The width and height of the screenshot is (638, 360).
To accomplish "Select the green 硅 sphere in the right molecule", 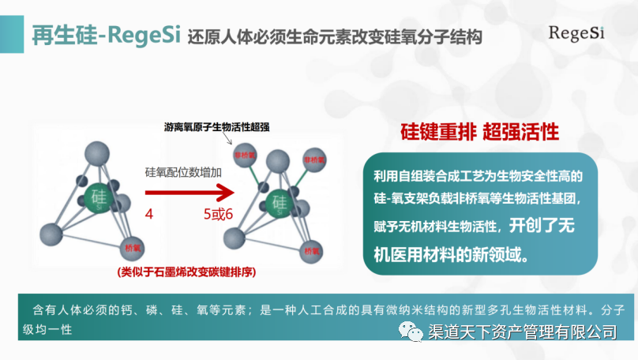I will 279,203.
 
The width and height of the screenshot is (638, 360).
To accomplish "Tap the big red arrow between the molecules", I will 190,192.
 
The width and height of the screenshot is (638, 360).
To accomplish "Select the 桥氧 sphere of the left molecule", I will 133,248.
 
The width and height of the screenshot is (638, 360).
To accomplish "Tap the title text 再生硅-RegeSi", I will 107,36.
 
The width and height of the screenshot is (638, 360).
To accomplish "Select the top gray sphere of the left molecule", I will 97,152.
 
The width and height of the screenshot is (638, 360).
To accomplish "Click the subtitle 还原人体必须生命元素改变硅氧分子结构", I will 335,37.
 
